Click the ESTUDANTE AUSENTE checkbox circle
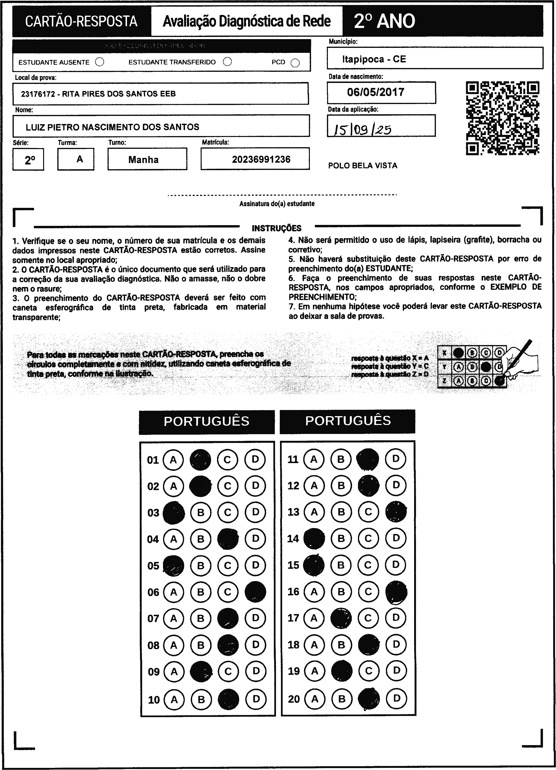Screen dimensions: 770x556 [x=99, y=62]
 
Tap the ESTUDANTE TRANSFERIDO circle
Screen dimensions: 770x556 [x=227, y=62]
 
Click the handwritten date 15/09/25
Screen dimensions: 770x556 [x=362, y=129]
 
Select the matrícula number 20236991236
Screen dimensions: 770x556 [x=261, y=159]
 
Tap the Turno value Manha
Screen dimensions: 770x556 [x=143, y=159]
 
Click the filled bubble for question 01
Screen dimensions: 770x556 [x=200, y=460]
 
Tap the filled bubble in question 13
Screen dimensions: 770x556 [x=396, y=512]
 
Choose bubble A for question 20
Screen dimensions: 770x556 [x=315, y=699]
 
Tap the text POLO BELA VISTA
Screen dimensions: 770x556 [x=362, y=166]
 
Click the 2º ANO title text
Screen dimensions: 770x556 [x=384, y=21]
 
